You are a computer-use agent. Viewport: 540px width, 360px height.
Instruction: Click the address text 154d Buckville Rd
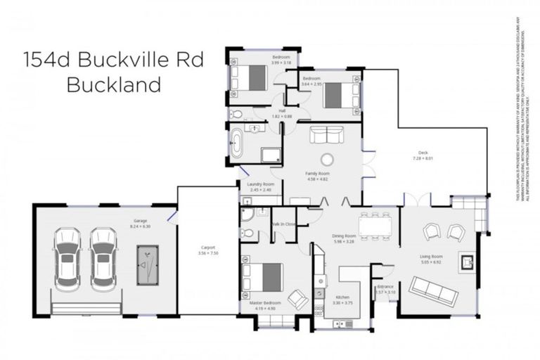tap(112, 60)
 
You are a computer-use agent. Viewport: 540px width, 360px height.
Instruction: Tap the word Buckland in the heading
tap(113, 84)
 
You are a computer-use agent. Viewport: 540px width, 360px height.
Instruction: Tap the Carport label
tap(207, 247)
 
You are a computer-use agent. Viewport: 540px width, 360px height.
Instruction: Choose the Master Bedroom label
tap(265, 304)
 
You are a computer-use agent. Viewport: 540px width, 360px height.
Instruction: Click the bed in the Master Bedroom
tap(262, 276)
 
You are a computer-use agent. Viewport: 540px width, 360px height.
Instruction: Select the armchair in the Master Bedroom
tap(298, 300)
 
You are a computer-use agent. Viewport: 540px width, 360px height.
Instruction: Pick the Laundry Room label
tap(260, 187)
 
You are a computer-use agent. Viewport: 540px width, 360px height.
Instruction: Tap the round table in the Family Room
tap(327, 159)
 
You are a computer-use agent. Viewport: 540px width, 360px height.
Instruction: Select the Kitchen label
tap(342, 299)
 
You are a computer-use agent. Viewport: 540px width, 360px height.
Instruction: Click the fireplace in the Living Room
tap(467, 262)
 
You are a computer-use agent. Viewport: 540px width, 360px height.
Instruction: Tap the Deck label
tap(423, 154)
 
